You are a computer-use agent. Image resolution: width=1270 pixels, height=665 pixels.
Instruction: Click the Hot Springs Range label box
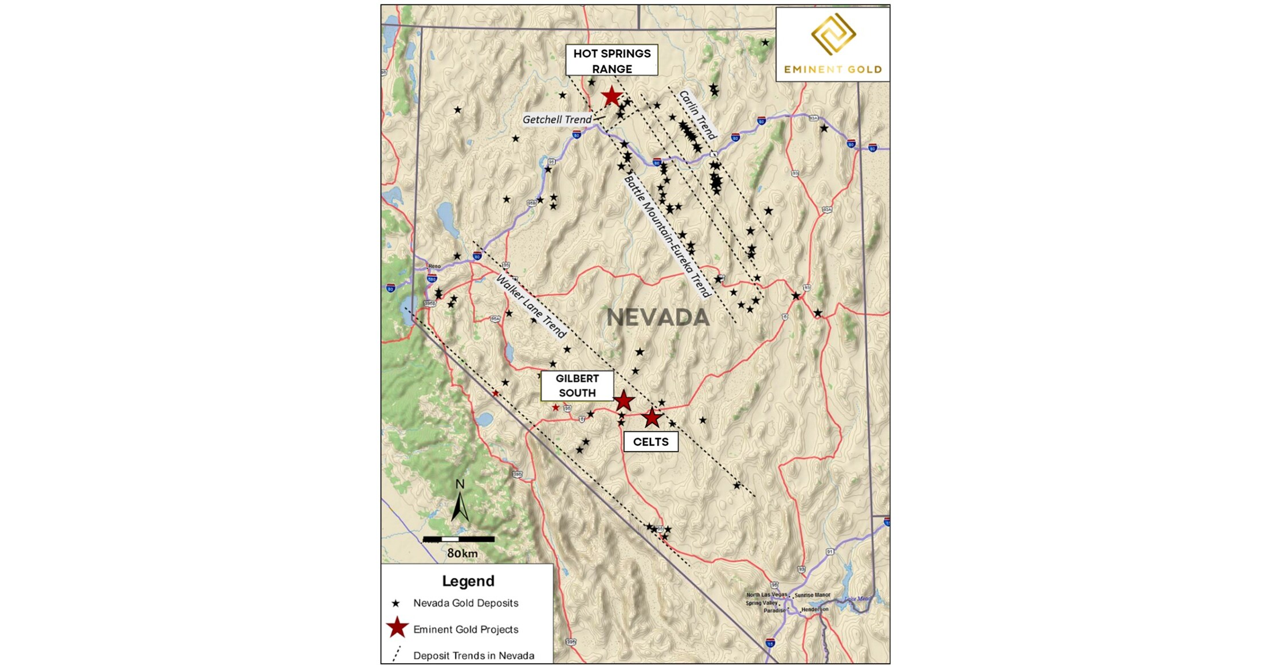[x=612, y=60]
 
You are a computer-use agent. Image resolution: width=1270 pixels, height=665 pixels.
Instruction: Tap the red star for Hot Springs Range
[x=612, y=96]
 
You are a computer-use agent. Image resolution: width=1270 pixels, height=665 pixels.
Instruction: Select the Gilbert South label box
[x=577, y=386]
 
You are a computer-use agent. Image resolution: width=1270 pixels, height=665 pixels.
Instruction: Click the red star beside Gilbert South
[x=624, y=401]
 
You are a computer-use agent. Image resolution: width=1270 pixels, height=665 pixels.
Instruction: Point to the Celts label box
[x=650, y=442]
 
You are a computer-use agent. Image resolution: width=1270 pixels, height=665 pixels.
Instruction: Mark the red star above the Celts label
[x=652, y=417]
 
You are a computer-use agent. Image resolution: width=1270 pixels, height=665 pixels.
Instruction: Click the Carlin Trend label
[x=697, y=115]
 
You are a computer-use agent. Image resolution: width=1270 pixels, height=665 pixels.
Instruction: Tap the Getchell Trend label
[x=557, y=119]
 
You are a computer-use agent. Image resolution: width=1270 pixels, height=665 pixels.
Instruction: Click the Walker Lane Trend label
[x=531, y=306]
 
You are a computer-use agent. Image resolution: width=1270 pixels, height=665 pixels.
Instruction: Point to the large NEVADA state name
[x=658, y=318]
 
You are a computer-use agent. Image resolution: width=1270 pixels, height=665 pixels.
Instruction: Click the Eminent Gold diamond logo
[x=833, y=34]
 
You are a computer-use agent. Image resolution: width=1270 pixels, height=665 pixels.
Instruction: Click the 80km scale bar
[x=458, y=539]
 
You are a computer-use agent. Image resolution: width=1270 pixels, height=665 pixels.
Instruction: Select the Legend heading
[x=468, y=581]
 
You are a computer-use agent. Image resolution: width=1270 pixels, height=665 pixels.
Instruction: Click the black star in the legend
[x=395, y=604]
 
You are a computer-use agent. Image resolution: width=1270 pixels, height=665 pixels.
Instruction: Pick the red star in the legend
[x=397, y=628]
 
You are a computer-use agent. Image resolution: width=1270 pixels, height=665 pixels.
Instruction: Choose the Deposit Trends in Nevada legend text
[x=473, y=656]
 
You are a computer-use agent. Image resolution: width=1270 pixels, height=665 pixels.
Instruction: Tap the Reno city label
[x=434, y=266]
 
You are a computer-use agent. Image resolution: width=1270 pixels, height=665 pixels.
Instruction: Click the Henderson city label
[x=814, y=609]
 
